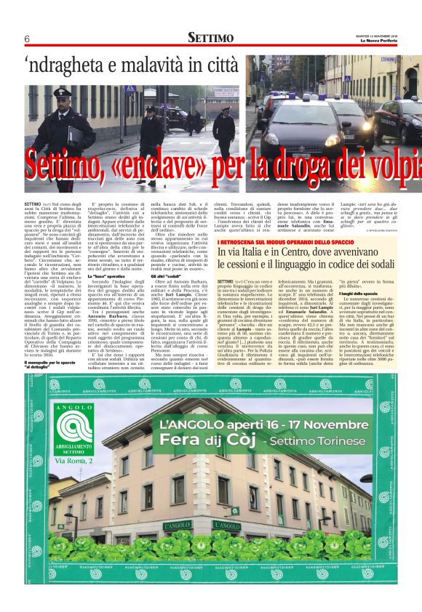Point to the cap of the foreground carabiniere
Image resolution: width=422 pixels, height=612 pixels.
point(61,92)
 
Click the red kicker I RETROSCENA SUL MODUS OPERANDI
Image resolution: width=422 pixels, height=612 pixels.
point(280,241)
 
